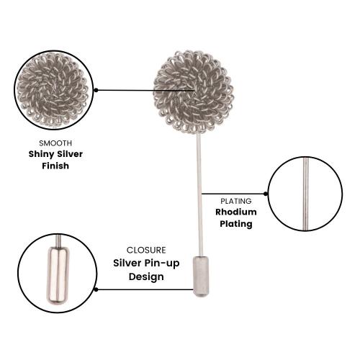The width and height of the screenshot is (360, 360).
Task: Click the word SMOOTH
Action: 55,143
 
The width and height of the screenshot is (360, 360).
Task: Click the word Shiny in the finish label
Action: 40,154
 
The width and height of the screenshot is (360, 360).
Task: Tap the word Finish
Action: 55,166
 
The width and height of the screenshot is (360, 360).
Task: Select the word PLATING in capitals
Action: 236,201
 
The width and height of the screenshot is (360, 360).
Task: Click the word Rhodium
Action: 236,212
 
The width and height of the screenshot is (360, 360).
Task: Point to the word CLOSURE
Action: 146,250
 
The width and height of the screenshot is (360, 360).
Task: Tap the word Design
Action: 146,276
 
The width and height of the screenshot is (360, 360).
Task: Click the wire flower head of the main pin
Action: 194,92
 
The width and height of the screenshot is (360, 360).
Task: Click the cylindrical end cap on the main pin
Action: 201,276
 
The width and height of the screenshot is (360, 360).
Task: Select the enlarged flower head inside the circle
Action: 53,90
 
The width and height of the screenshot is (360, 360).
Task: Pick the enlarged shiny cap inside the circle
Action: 58,275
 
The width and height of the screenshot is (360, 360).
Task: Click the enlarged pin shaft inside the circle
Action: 305,194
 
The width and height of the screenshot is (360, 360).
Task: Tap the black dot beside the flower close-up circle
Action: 96,90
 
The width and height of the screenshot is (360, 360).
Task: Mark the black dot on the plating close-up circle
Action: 266,194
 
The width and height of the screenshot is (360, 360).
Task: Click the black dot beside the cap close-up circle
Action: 96,289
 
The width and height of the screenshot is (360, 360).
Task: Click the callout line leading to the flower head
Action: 145,90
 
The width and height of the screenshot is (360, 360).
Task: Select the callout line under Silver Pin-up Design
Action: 145,289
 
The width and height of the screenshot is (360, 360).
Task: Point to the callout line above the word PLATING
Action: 233,194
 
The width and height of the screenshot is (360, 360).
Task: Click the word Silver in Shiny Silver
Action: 69,154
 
